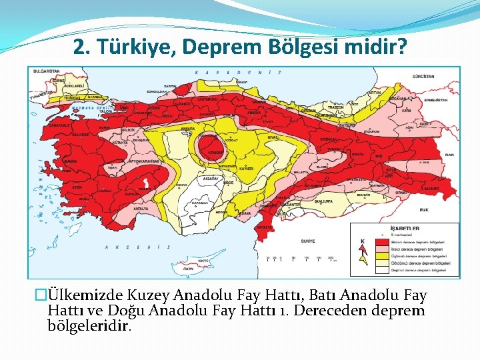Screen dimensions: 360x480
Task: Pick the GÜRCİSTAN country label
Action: tap(423, 77)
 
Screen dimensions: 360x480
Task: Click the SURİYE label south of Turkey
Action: tap(307, 240)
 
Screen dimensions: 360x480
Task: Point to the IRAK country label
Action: tap(424, 210)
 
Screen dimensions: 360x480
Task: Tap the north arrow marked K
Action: tap(363, 250)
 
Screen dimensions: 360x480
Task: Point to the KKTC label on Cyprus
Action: tap(204, 261)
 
